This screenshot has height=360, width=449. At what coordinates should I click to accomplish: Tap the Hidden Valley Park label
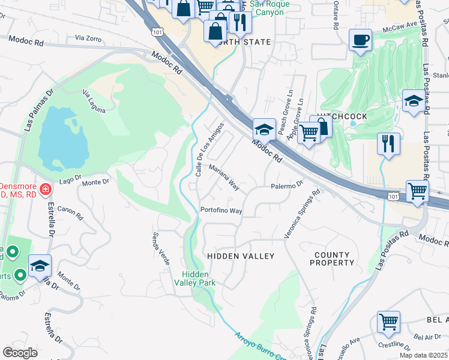click(199, 278)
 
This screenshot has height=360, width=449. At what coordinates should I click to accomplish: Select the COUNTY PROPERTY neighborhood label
click(333, 259)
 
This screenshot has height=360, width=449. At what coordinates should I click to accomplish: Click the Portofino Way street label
click(221, 211)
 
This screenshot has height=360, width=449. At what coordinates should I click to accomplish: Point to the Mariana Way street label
click(224, 178)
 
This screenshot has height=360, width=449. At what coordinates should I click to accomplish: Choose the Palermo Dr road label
click(288, 186)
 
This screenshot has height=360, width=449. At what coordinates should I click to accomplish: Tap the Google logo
click(20, 353)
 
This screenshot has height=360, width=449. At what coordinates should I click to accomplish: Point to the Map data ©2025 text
click(423, 355)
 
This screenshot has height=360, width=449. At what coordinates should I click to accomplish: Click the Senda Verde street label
click(161, 249)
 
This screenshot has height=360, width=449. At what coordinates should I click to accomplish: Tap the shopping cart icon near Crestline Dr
click(388, 322)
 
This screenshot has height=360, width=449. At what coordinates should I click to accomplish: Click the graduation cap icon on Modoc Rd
click(264, 129)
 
